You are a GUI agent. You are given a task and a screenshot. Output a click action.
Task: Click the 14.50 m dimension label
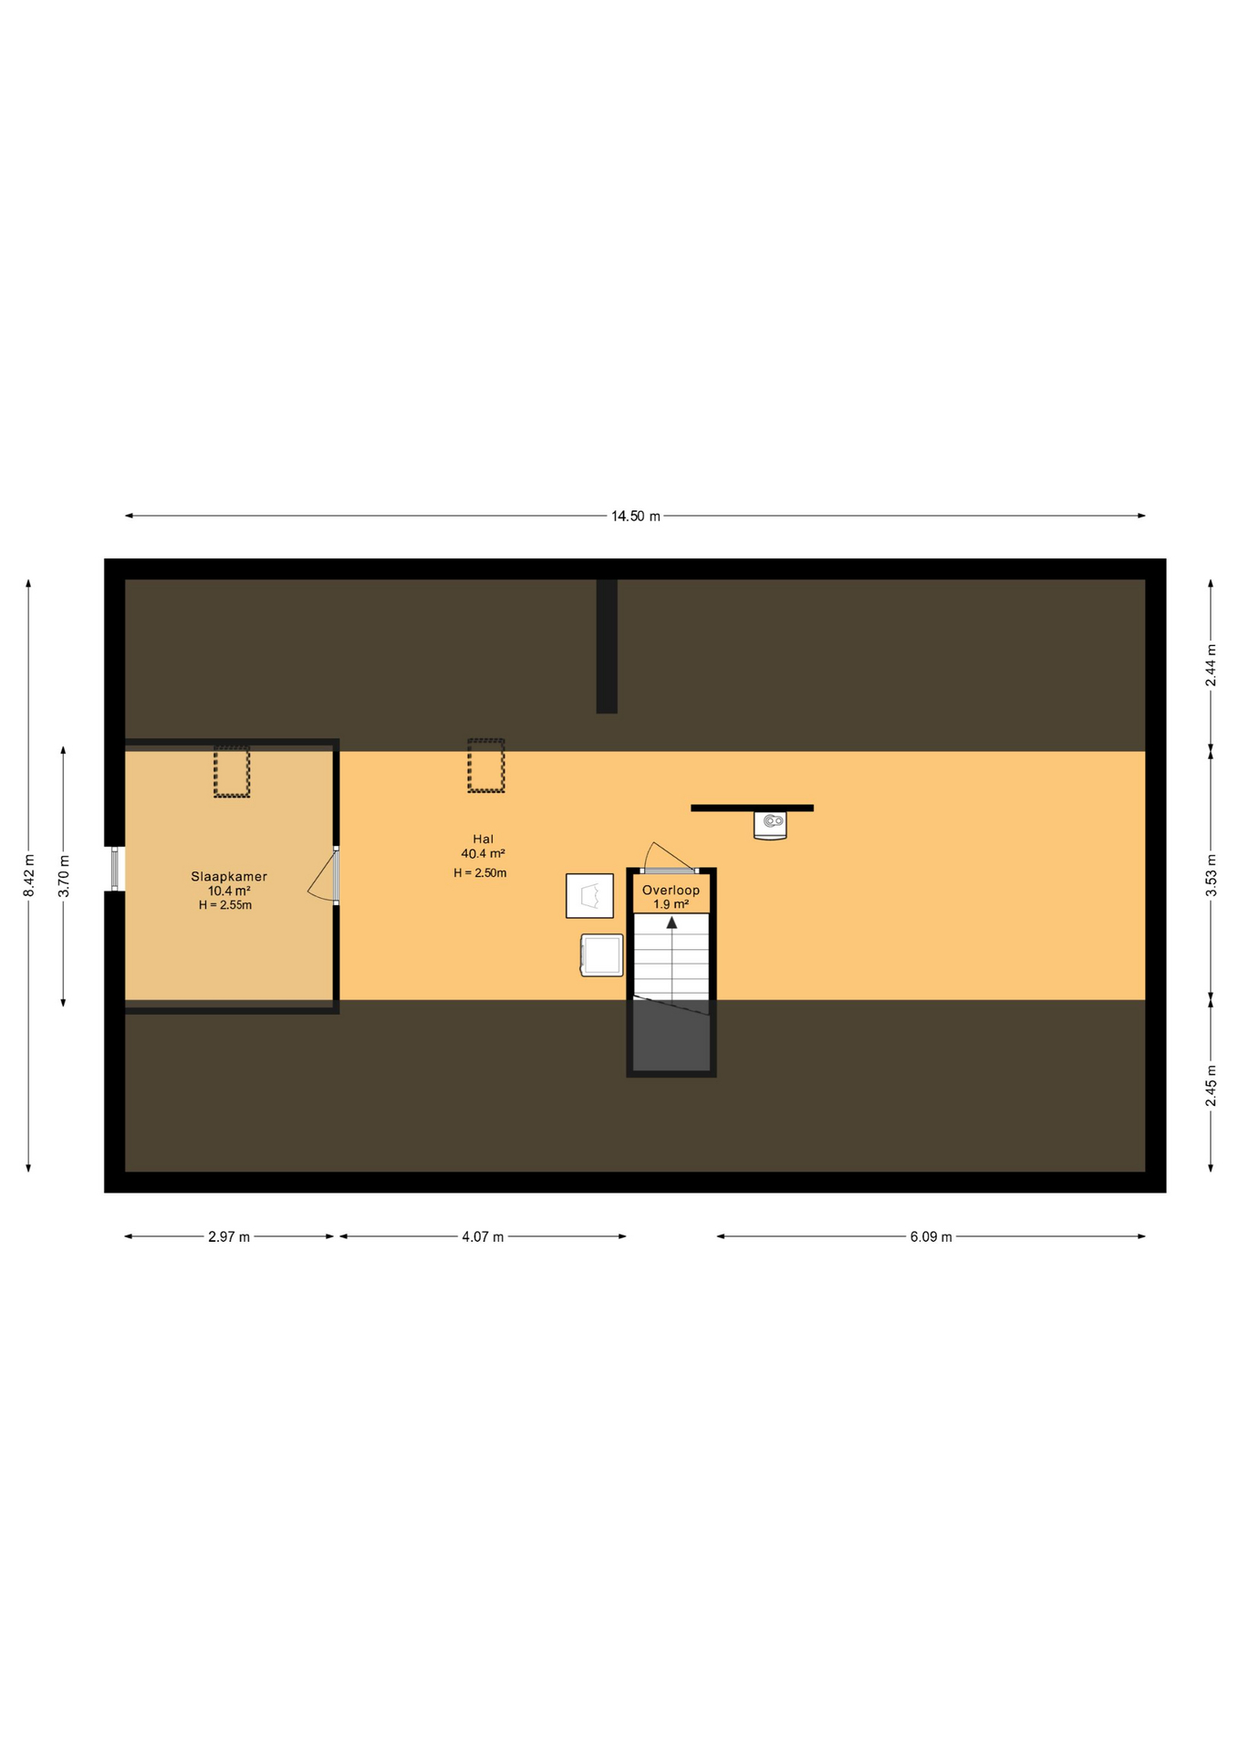pos(635,516)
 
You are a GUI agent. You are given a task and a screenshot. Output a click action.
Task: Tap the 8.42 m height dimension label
pos(28,875)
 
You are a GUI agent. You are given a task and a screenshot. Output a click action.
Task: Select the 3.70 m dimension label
pos(64,876)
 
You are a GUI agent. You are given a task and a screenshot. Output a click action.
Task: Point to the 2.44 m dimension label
pos(1211,665)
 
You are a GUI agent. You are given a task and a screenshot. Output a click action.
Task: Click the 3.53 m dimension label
pos(1211,875)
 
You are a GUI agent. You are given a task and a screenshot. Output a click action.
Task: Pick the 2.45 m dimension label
pos(1211,1086)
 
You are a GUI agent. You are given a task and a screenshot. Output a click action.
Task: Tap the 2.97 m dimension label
pos(229,1237)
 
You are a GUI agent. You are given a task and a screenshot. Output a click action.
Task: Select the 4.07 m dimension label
pos(483,1237)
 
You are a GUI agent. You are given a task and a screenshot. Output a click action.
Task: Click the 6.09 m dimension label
pos(931,1237)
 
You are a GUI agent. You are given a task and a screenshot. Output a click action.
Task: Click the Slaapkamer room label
pos(229,877)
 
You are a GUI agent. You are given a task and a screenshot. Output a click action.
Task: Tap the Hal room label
pos(483,839)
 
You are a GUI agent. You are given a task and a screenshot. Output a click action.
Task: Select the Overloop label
pos(671,891)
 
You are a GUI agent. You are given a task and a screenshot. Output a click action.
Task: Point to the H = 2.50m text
pos(480,873)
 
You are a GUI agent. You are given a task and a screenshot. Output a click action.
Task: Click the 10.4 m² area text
pos(229,892)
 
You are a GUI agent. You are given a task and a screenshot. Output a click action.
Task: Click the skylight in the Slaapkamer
pos(232,772)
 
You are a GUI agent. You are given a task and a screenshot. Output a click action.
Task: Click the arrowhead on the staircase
pos(672,923)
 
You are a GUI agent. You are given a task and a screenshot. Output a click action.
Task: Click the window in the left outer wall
pos(115,870)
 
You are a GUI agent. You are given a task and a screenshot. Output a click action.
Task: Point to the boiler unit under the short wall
pos(770,825)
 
